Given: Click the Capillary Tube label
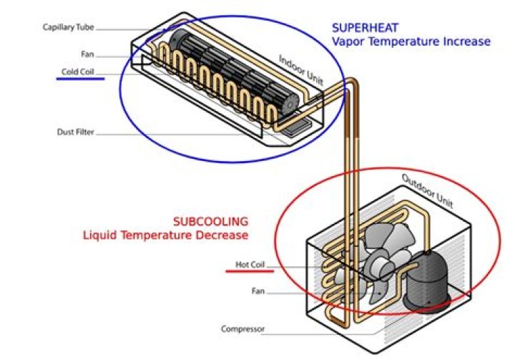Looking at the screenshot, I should point(68,28).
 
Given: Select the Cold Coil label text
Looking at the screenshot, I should point(80,72).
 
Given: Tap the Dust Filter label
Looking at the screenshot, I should point(75,132).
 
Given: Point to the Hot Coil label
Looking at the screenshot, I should point(250,265).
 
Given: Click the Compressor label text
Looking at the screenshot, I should point(242,329).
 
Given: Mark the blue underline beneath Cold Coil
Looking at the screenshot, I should point(80,79).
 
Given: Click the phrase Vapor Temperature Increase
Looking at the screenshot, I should point(411,42).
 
